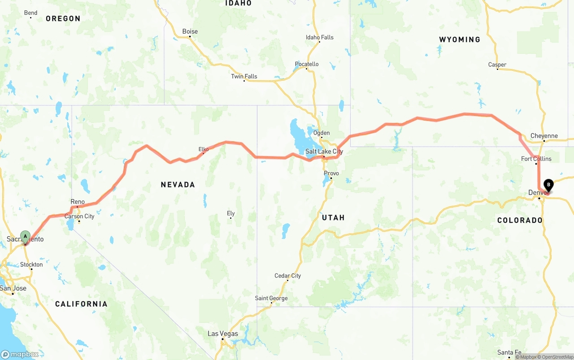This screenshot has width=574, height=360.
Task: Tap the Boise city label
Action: point(190,31)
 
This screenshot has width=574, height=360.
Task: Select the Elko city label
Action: point(204,149)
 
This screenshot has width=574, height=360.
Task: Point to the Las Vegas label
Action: point(222,334)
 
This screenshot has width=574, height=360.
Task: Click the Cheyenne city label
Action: point(544,136)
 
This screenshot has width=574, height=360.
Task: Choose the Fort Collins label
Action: point(536,159)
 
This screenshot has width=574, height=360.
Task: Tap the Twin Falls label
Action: point(244,76)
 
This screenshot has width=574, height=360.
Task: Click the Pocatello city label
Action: point(307,64)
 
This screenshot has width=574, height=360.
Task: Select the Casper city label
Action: point(497,65)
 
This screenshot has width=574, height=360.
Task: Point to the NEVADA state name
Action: point(178,184)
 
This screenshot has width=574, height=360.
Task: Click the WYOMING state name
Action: point(459,39)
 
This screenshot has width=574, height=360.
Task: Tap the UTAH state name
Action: point(333,217)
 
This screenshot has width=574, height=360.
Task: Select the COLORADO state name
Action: point(520,220)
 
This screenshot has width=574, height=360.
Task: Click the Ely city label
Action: point(230,213)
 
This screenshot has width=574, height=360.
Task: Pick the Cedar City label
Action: point(287,276)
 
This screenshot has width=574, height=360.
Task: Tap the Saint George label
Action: point(271,298)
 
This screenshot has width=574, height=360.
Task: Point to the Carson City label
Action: point(79,216)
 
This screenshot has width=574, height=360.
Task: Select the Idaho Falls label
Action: point(319,37)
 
